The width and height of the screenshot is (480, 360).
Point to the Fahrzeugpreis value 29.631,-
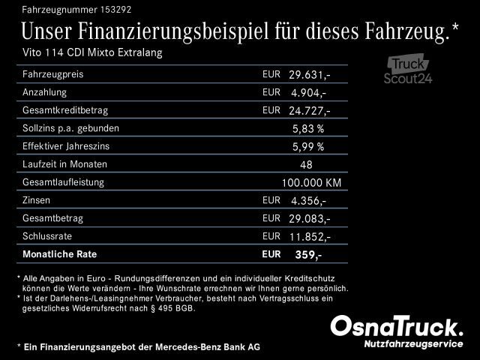pos(309,75)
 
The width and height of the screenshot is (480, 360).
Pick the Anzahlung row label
pos(45,92)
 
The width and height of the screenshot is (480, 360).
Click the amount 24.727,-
pos(309,111)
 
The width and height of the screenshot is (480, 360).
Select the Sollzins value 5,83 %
pos(307,129)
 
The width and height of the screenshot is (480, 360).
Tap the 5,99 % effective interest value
pos(307,147)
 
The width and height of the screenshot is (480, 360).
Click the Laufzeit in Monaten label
pos(65,164)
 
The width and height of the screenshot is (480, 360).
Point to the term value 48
pos(306,165)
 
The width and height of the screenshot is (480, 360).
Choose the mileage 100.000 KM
pos(311,183)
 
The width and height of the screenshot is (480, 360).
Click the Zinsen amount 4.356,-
pos(308,201)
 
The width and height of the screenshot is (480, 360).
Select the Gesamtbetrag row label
pos(53,218)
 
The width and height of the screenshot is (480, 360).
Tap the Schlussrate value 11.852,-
pos(309,237)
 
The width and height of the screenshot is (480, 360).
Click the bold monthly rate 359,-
pos(308,255)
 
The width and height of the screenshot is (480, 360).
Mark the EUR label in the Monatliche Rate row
pos(271,254)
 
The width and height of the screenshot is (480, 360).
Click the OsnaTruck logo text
pos(397,327)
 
